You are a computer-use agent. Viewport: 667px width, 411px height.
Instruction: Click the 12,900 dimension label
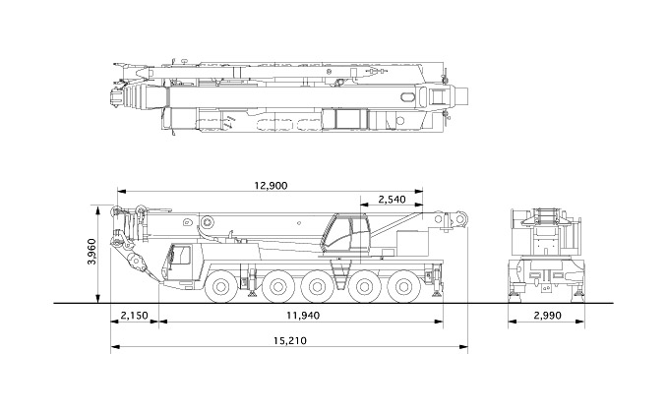tap(271, 186)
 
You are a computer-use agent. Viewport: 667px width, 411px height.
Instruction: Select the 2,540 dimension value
tap(392, 200)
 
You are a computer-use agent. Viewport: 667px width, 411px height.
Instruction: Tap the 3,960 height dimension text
tap(91, 252)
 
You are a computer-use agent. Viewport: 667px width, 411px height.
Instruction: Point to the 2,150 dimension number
tap(135, 316)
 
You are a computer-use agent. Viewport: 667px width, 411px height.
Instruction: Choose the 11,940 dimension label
tap(302, 316)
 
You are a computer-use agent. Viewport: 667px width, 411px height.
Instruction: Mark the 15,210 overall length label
tap(289, 341)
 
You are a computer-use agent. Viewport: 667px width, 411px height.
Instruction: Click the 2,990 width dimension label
tap(547, 316)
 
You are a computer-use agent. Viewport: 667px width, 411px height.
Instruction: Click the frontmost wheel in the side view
tap(220, 287)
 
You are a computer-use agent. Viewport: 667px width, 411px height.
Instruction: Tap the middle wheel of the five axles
tap(317, 287)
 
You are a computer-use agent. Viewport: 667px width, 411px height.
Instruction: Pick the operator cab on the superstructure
tap(345, 235)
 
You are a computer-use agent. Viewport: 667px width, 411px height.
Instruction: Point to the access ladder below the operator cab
tap(340, 275)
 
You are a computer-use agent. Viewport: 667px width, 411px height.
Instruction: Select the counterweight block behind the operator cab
tap(412, 243)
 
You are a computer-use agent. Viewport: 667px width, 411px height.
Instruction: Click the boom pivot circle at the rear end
tap(460, 219)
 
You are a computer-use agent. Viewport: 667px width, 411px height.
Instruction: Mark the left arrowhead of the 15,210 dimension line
tap(114, 347)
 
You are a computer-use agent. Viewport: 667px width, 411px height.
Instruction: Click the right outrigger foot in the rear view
tap(578, 292)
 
